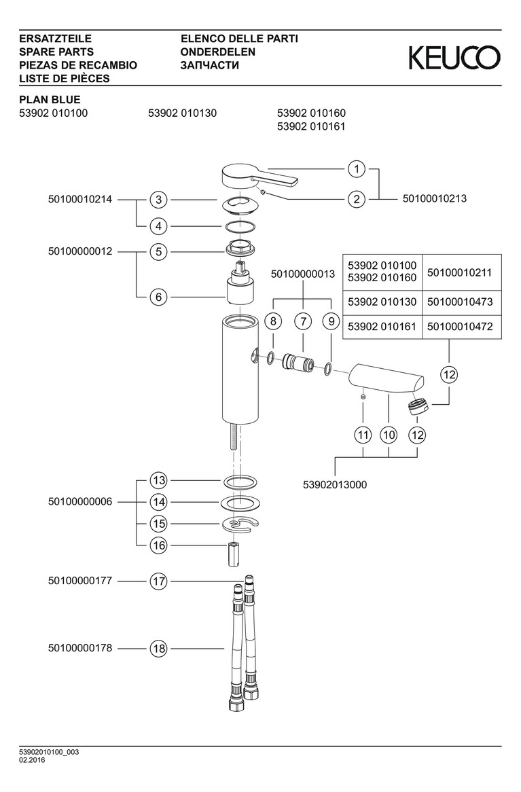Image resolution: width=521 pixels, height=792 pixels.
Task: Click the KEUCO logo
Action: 454,58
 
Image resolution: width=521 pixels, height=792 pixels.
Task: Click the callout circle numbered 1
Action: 357,168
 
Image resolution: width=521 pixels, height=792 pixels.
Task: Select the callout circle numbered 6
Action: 158,297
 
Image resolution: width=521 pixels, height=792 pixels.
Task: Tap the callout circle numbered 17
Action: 158,581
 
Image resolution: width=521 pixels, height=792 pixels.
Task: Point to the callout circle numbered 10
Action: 388,434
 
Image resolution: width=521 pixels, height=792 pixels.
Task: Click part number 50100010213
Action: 435,199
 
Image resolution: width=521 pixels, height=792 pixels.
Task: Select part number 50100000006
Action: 80,502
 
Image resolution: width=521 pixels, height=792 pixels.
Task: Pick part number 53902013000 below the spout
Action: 334,484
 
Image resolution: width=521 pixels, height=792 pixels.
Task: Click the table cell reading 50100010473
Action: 461,301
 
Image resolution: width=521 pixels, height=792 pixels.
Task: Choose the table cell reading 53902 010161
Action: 382,327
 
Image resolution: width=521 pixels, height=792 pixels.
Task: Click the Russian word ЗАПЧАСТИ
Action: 209,65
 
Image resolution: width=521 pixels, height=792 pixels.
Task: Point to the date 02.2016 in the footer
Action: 33,760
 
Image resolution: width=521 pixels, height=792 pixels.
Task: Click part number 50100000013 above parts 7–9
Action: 303,274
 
